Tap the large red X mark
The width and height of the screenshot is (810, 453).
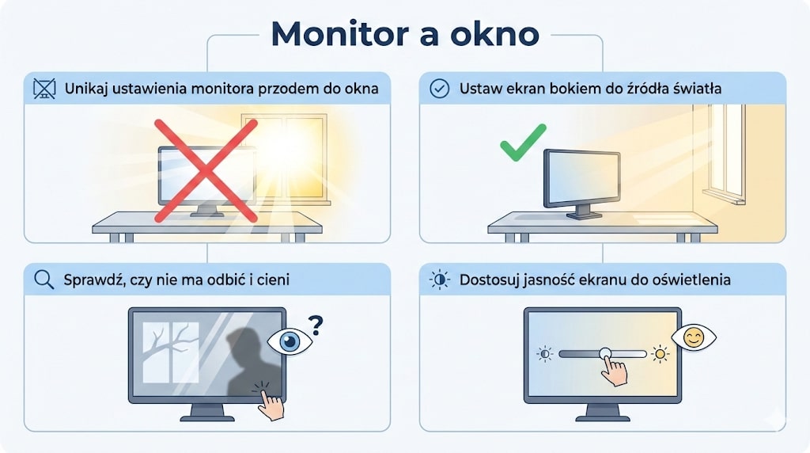pyautogui.click(x=206, y=170)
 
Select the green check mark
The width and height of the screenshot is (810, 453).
pyautogui.click(x=523, y=143)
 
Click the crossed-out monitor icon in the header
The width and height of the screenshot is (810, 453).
pyautogui.click(x=44, y=89)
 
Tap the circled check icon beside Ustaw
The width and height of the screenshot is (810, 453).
pyautogui.click(x=439, y=89)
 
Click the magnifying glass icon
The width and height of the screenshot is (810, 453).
pyautogui.click(x=44, y=280)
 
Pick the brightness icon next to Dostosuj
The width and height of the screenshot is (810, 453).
pyautogui.click(x=439, y=280)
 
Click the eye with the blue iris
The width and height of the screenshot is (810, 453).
pyautogui.click(x=290, y=341)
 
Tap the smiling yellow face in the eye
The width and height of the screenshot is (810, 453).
pyautogui.click(x=694, y=338)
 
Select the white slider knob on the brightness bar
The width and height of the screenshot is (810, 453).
pyautogui.click(x=606, y=354)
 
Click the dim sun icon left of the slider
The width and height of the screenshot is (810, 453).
pyautogui.click(x=545, y=354)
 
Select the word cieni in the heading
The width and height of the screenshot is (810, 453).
pyautogui.click(x=271, y=280)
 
